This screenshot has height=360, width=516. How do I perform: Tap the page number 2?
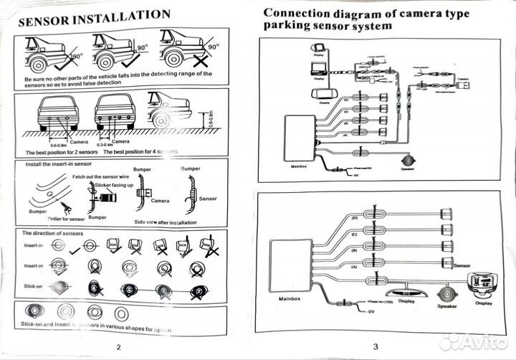[118, 347]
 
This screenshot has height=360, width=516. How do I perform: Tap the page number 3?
[374, 347]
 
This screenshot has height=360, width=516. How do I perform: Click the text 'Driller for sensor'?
[66, 217]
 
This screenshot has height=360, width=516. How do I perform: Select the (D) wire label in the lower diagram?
[353, 217]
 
